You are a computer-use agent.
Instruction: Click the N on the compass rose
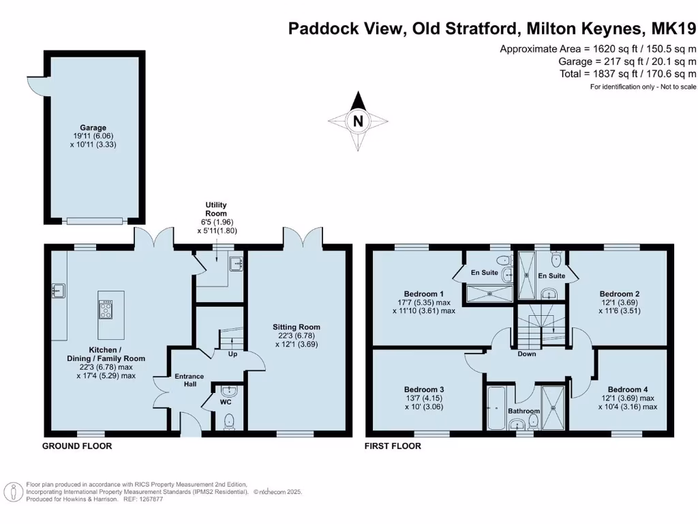point(358,121)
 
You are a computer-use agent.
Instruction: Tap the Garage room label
point(93,128)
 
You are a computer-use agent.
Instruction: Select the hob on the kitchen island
point(106,310)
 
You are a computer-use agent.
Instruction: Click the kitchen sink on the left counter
point(59,291)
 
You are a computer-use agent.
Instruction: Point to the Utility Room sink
point(236,263)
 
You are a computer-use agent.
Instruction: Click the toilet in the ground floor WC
point(229,422)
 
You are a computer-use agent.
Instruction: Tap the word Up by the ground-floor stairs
point(233,354)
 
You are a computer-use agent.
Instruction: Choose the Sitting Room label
point(297,327)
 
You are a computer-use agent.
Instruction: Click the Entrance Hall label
point(189,380)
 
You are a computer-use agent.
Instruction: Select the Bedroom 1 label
point(424,294)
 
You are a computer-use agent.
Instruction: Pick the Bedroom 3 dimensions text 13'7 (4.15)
point(423,398)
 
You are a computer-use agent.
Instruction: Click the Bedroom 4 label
point(628,390)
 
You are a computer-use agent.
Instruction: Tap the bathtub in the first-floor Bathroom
point(496,408)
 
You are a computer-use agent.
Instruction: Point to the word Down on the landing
point(527,354)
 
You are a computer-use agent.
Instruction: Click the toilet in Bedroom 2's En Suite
point(556,258)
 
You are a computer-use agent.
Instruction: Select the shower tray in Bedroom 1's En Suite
point(489,293)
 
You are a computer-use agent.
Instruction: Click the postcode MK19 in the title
point(673,29)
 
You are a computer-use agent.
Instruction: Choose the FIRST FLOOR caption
point(393,446)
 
